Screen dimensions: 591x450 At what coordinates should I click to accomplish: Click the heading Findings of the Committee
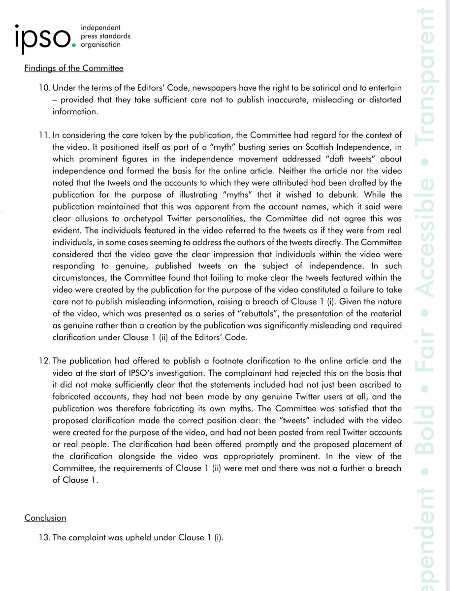tap(74, 68)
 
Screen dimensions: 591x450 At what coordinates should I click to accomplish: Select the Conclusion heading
tap(45, 518)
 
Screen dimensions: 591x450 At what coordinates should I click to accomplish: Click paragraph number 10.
tap(44, 87)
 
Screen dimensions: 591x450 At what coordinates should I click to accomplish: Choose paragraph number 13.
tap(44, 538)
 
